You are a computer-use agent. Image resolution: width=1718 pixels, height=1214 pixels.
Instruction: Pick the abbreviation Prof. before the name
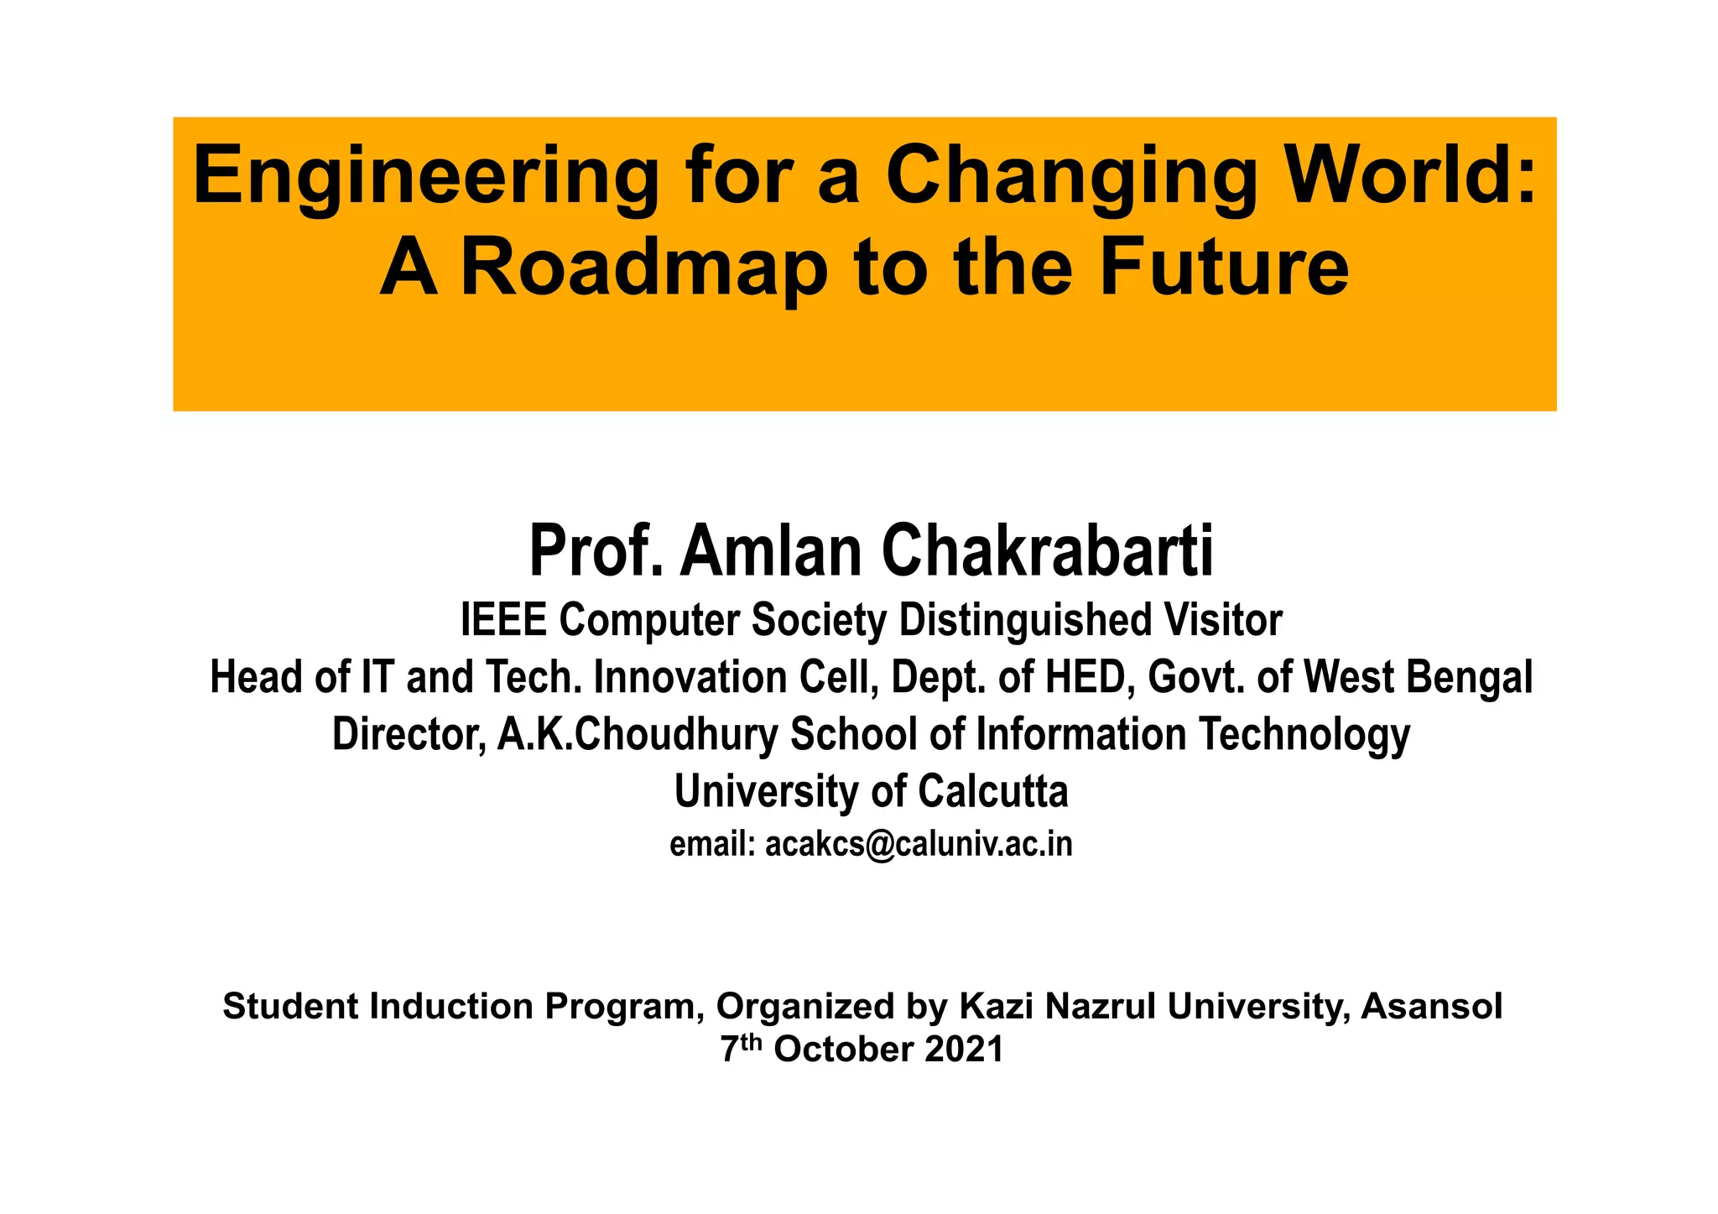point(596,551)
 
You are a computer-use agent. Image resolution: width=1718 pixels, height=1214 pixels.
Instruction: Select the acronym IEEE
point(502,621)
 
